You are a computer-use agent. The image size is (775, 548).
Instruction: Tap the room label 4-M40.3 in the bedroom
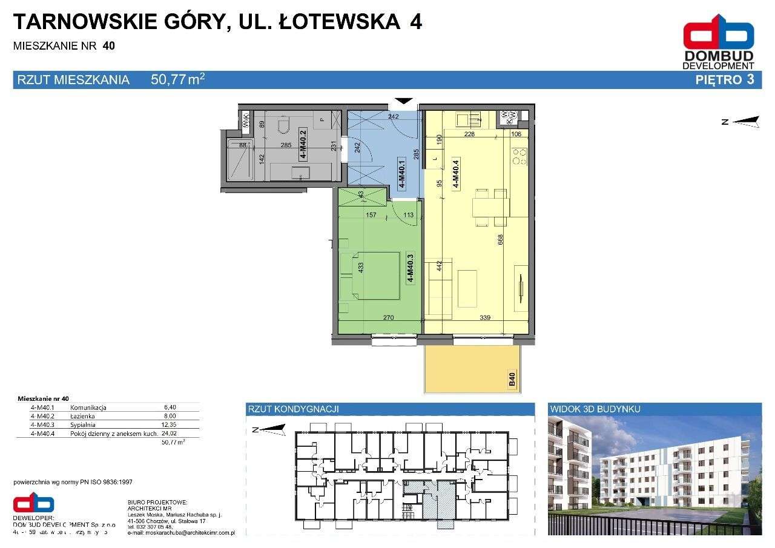click(411, 268)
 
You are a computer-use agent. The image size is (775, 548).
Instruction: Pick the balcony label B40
click(512, 380)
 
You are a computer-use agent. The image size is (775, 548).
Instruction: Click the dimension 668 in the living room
click(500, 240)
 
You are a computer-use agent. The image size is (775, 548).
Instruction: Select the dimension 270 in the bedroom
click(389, 317)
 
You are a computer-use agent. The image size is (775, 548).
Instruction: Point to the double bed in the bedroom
click(371, 276)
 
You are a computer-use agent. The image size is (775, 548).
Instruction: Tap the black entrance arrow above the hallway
click(404, 102)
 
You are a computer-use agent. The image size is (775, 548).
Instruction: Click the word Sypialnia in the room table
click(84, 424)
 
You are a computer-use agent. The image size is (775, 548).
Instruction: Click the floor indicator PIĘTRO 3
click(725, 79)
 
